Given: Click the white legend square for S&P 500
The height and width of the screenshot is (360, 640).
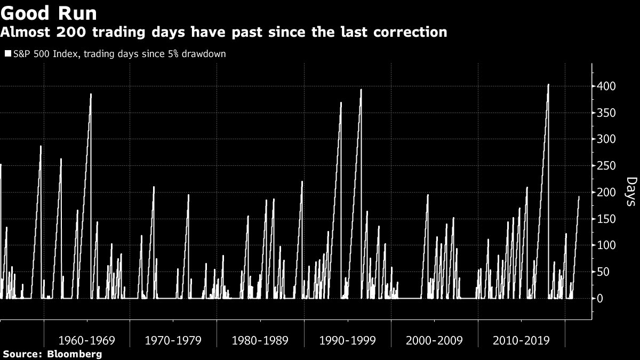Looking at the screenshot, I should [x=7, y=54].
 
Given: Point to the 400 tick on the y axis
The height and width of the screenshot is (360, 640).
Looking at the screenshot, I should [x=606, y=86].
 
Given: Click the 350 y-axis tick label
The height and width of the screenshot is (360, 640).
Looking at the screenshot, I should [x=606, y=113].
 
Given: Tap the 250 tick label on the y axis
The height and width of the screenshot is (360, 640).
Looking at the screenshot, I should [x=606, y=166].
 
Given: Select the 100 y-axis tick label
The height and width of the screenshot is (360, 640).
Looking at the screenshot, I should [x=606, y=245].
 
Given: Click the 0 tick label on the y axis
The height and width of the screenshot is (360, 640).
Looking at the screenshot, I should [x=600, y=299].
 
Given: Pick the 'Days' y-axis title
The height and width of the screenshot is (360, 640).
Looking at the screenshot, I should [x=630, y=192].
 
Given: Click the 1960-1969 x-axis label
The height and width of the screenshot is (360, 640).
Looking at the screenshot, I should [x=86, y=340].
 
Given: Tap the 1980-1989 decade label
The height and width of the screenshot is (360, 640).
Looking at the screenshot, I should [x=260, y=340].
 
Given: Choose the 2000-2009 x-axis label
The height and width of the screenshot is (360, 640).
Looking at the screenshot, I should [x=434, y=340].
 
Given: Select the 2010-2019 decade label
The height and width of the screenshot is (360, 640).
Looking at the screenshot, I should [x=521, y=340].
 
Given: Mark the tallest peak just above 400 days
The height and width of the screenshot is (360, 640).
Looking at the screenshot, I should [x=548, y=84].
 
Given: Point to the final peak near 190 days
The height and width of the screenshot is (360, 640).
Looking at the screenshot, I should [x=579, y=197].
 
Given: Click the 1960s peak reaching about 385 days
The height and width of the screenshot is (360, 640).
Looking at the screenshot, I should [x=91, y=94].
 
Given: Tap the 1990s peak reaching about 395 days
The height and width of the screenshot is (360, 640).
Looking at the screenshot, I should [x=361, y=90].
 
